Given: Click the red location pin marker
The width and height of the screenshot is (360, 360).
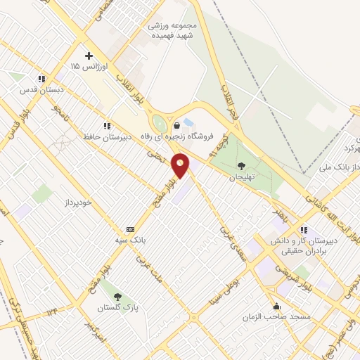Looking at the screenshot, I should click(181, 166).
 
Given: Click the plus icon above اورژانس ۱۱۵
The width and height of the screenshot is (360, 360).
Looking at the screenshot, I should click(89, 56).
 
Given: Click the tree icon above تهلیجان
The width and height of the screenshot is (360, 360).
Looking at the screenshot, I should click(242, 167).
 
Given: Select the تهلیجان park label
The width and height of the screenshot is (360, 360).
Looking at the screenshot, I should click(240, 179).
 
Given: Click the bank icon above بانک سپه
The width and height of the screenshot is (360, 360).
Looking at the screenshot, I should click(129, 229).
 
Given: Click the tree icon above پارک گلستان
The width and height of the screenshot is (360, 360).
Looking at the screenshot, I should click(117, 296).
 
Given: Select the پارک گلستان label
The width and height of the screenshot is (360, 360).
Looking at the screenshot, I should click(115, 308).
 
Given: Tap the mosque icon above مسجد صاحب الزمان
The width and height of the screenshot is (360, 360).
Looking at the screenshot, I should click(277, 306).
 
